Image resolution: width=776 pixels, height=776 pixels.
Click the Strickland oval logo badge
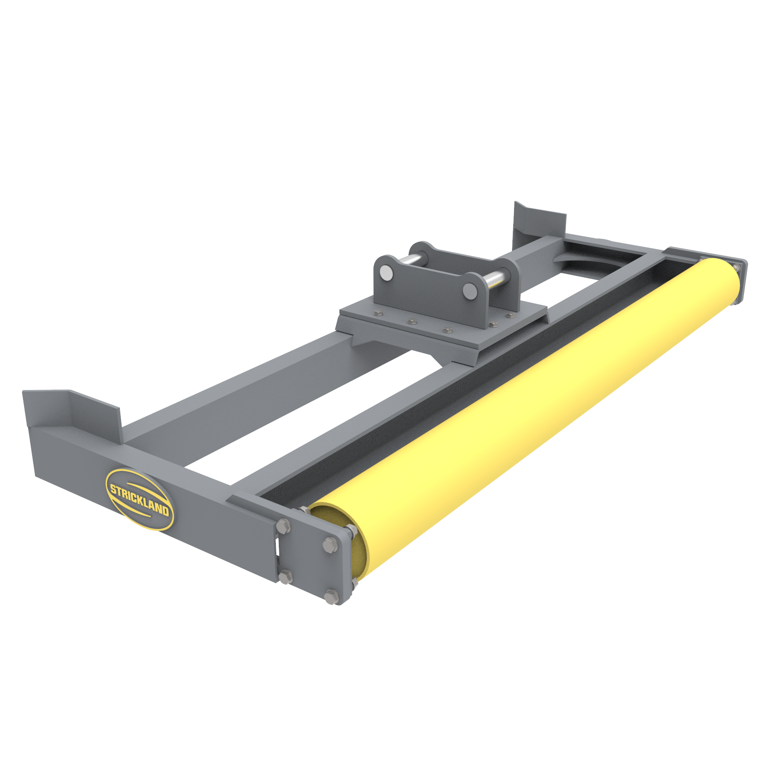pos(140,499)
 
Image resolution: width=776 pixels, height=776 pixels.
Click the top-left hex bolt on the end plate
pos(283,526)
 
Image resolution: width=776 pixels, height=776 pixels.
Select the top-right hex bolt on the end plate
pos(331,545)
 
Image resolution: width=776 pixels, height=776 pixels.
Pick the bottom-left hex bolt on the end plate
pos(286,576)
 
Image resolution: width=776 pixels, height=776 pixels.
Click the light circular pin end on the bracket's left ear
pos(386,273)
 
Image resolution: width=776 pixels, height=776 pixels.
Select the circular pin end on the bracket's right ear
pos(470,291)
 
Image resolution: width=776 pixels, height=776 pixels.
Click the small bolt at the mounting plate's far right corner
pos(510,316)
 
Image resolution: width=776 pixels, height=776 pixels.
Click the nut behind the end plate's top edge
pos(304,510)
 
